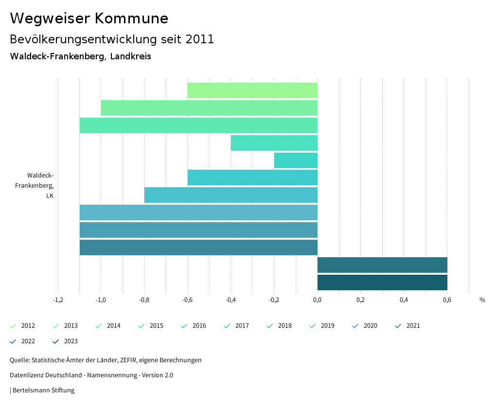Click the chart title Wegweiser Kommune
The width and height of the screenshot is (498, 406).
tap(89, 18)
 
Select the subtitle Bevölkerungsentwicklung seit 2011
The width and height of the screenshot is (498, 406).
tap(112, 39)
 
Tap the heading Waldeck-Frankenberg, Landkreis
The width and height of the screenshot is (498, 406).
tap(80, 56)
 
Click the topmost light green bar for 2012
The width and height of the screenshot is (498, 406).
tap(252, 90)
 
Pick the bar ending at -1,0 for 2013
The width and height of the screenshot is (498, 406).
tap(209, 108)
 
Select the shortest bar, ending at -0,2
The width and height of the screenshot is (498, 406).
tap(296, 160)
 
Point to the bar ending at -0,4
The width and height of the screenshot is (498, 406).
tap(274, 143)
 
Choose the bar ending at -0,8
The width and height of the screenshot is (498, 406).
tap(231, 195)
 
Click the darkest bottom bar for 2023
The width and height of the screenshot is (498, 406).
tap(382, 282)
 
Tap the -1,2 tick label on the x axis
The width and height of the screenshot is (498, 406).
tap(58, 300)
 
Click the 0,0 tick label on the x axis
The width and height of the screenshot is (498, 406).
tap(317, 300)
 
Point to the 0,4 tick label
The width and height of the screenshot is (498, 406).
tap(404, 300)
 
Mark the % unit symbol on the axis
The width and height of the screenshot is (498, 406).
tap(482, 300)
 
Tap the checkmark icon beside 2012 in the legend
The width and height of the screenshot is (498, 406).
tap(13, 326)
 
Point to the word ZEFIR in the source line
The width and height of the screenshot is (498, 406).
tap(126, 360)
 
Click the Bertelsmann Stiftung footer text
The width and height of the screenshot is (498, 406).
tap(43, 390)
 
